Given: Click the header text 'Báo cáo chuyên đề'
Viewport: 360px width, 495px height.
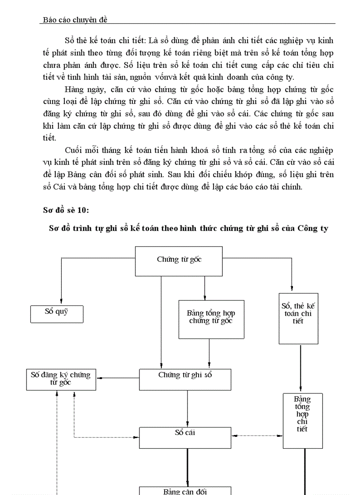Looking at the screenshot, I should [74, 20].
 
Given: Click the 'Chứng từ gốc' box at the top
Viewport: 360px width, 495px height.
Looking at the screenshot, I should [179, 260].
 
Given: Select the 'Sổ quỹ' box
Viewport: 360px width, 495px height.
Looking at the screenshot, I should [56, 314].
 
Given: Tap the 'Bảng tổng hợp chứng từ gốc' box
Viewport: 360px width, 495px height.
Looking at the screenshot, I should [211, 320].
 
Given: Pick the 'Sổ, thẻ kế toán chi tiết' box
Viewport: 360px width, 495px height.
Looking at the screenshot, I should [298, 318].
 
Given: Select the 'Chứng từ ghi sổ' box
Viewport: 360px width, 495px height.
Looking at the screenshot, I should [185, 379].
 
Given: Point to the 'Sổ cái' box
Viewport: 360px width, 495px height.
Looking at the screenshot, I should [185, 437].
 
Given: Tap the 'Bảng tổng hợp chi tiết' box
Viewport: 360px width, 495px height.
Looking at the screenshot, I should [302, 421].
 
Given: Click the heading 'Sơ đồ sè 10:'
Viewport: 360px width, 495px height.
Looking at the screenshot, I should [65, 210].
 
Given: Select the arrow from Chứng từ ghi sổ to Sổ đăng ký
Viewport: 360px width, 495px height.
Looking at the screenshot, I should [119, 378].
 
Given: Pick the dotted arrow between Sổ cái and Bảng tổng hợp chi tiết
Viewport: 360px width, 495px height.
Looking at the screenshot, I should [257, 436].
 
